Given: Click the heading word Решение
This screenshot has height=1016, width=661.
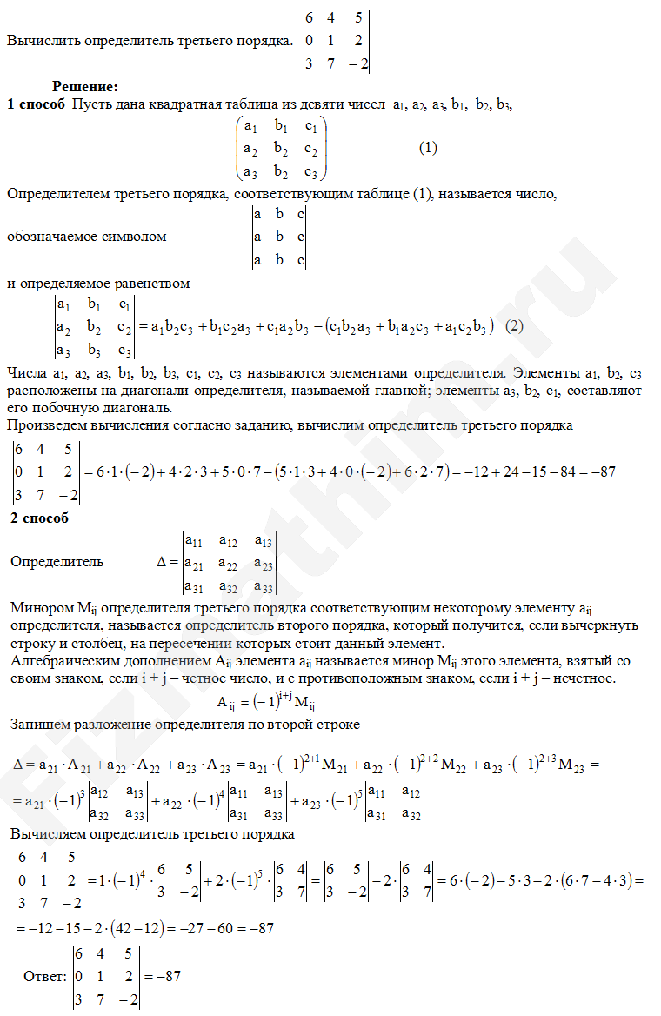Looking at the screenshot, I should (x=84, y=86).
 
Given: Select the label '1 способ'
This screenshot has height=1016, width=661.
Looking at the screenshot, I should (x=36, y=105).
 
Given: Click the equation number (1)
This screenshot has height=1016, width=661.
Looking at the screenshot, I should (x=428, y=148).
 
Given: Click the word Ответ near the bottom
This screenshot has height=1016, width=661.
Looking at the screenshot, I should (x=45, y=977).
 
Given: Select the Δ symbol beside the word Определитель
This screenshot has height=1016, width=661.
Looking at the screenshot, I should (x=161, y=562).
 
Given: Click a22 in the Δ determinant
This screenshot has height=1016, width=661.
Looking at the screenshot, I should (x=230, y=565).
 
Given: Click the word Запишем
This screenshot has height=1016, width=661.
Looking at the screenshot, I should (x=41, y=700).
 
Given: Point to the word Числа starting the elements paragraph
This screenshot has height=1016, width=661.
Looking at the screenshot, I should (x=26, y=373).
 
